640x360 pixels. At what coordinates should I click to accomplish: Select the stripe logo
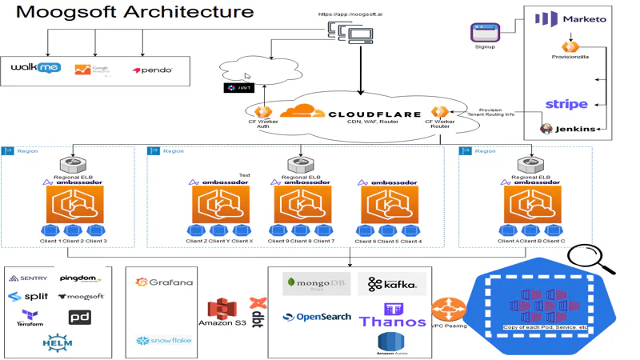coord(566,104)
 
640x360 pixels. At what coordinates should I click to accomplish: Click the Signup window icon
coord(484,32)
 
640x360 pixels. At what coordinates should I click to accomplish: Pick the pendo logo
coord(152,70)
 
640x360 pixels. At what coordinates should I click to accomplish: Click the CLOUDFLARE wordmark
coord(374,114)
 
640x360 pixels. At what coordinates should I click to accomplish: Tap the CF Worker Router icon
coord(438,112)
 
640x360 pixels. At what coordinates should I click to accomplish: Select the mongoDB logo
coord(317,283)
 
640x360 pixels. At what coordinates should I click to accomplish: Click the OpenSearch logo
coord(317,317)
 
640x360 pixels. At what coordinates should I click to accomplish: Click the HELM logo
coord(58,344)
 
